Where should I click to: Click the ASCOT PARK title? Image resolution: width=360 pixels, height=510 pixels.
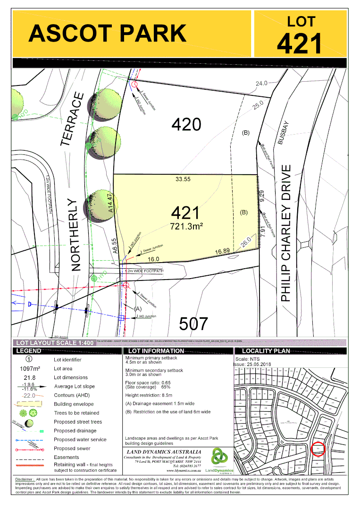coord(108,34)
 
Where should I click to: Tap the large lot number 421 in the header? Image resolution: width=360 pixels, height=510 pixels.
coord(300,43)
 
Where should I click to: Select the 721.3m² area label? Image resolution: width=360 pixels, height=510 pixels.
coord(186,227)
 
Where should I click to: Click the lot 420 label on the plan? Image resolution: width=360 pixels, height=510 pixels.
coord(186,125)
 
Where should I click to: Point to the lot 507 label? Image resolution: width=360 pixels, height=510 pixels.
coord(193,324)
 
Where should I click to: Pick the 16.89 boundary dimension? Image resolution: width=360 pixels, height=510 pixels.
coord(223,251)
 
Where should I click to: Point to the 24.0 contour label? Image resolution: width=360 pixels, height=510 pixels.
coord(261,83)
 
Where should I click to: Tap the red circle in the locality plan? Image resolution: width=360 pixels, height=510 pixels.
coord(318,448)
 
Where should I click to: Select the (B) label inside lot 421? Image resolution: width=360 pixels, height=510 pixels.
coord(244,212)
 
